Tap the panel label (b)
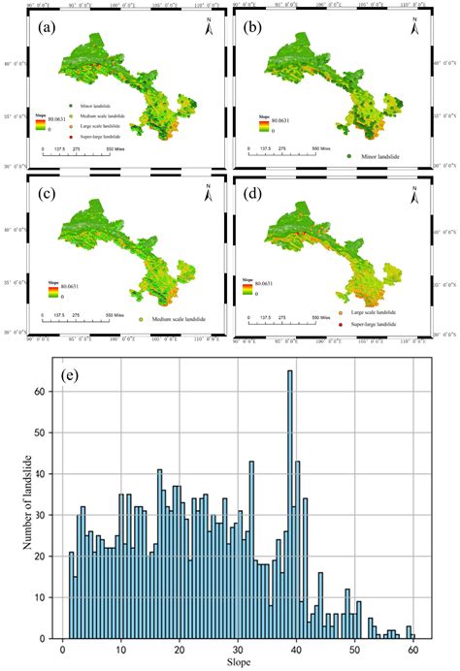pos(261,26)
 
